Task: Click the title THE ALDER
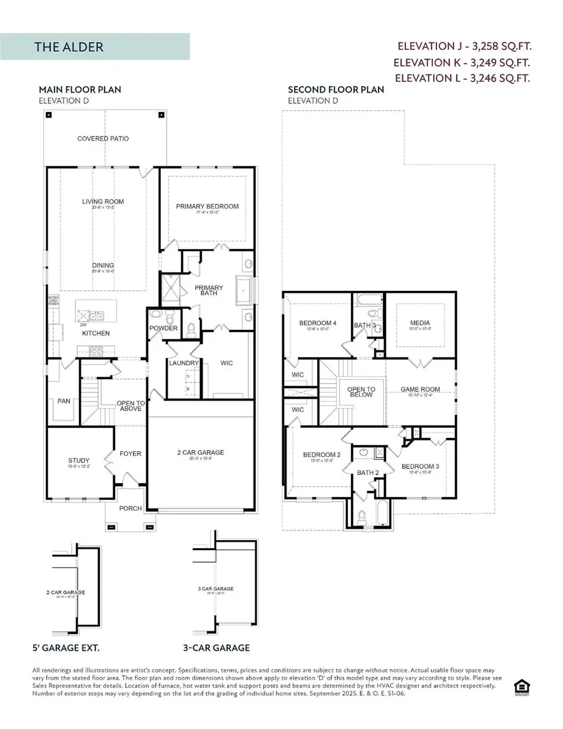69,47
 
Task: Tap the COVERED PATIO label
103,138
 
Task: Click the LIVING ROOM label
103,201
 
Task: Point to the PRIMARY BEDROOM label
207,206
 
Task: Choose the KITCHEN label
96,333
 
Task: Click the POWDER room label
163,329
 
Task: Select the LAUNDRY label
183,363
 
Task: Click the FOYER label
131,454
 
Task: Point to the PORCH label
130,508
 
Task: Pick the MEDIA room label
418,324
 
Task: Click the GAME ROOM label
420,389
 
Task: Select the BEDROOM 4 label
318,323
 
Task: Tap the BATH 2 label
368,472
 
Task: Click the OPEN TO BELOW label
361,392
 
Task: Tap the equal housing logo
519,686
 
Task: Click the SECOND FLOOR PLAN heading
336,89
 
